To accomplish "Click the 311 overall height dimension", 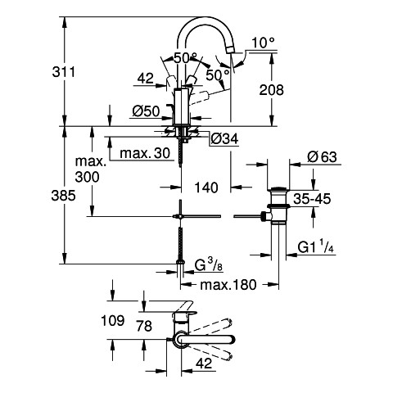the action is [63, 72].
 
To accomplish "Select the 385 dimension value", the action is [63, 196].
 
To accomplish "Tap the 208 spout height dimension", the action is [271, 90].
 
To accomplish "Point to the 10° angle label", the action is [263, 43].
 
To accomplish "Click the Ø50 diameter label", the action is [147, 111].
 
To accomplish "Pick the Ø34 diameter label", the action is [224, 139].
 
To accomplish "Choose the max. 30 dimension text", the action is [145, 153].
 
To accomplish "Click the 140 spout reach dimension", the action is [206, 187].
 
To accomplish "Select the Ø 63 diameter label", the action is [322, 157].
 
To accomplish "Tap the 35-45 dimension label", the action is [312, 199].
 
